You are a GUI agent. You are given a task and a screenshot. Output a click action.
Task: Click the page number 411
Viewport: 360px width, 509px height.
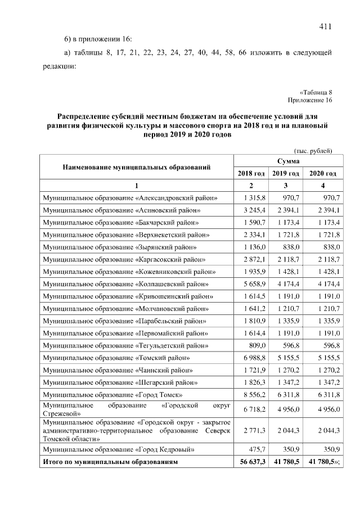pos(325,26)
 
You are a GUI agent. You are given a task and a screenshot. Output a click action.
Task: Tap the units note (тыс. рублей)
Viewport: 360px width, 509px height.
pos(313,151)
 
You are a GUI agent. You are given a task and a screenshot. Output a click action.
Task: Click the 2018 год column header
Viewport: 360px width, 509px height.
pos(251,173)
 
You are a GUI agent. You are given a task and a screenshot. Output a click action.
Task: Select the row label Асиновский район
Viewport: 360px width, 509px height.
pos(122,210)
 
